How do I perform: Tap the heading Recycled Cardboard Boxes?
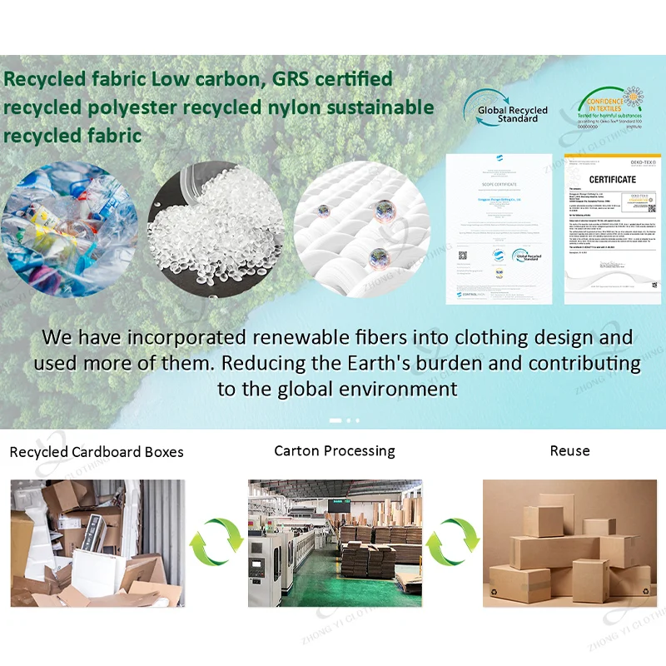(x=97, y=453)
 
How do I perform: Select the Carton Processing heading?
(x=335, y=451)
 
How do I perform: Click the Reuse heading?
(x=569, y=451)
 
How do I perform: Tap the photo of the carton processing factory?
(x=335, y=543)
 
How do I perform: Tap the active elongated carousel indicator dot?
(x=335, y=420)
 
